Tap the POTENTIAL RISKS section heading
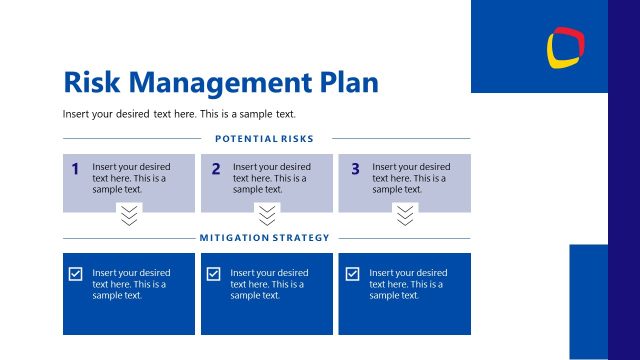point(264,138)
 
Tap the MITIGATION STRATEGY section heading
point(264,238)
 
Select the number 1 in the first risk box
point(75,169)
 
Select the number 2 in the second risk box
point(215,169)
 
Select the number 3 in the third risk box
point(355,169)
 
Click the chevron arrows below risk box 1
point(129,215)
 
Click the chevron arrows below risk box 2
point(266,215)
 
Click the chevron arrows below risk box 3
point(404,215)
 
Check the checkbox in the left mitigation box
point(75,274)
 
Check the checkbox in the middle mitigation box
point(213,274)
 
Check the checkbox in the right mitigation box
point(352,274)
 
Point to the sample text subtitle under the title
point(179,113)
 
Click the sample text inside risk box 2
point(272,178)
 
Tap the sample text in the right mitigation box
point(408,284)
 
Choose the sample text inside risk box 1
point(131,178)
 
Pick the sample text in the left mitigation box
point(131,284)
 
